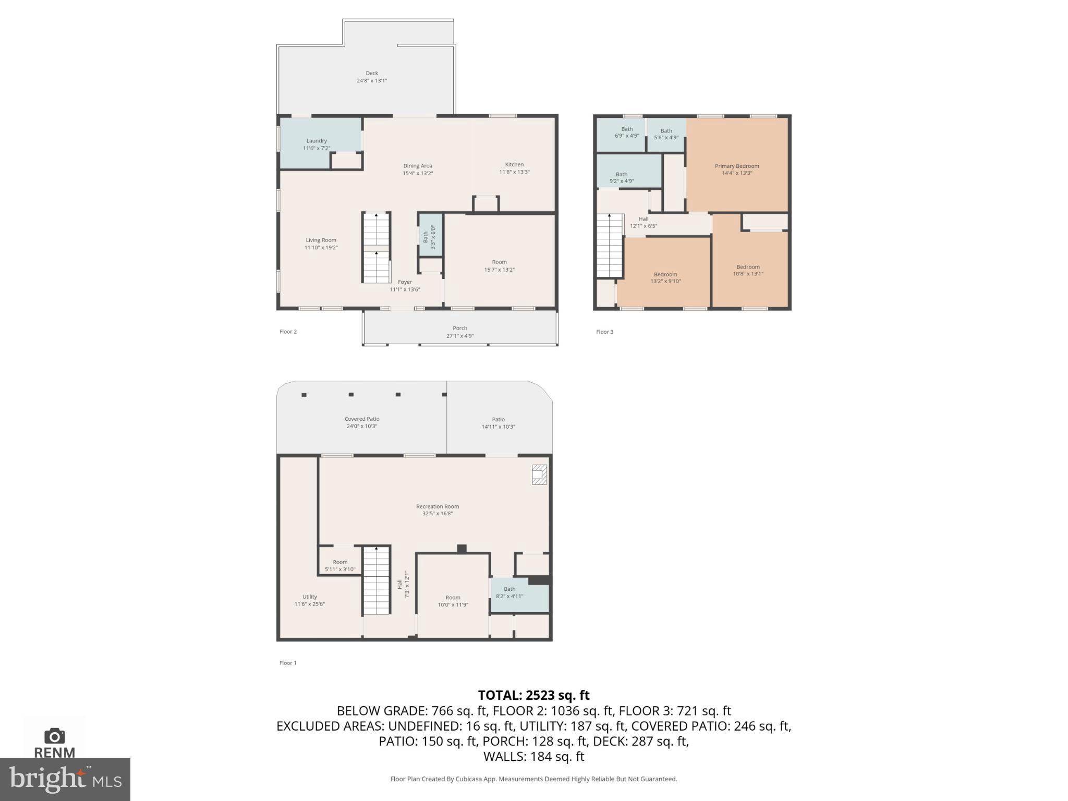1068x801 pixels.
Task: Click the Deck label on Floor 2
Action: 371,74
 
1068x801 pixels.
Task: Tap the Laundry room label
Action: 317,141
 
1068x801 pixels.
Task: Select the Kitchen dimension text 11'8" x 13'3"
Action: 514,172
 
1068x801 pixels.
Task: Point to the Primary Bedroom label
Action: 736,166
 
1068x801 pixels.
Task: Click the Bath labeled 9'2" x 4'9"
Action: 621,178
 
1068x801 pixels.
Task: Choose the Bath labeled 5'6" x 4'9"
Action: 666,135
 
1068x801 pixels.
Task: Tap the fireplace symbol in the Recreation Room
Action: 539,475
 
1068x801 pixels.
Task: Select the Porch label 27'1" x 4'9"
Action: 459,332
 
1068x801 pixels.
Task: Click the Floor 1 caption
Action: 288,663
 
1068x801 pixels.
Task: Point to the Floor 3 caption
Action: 604,332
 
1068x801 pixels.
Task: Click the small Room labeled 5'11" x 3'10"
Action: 340,566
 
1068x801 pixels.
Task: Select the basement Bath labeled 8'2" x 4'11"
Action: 509,592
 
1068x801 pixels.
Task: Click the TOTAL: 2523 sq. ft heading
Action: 533,695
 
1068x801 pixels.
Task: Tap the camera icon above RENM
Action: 54,736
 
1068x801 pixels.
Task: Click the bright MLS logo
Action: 65,780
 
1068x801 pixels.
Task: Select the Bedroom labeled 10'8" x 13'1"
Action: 748,270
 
